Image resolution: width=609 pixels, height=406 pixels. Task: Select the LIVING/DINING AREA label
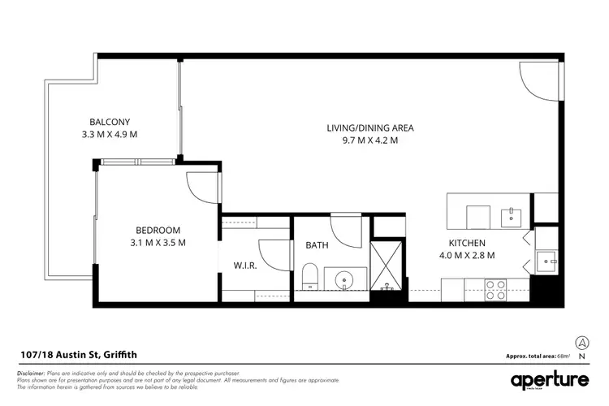point(370,128)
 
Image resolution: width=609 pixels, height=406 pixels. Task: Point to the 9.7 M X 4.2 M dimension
point(370,140)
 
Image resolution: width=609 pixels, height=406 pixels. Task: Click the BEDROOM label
point(158,230)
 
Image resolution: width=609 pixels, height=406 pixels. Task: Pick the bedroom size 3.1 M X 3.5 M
point(158,243)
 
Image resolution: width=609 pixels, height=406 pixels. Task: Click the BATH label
point(317,245)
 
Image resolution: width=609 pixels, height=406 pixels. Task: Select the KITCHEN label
point(468,243)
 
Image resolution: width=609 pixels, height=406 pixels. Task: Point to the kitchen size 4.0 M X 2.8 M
point(468,256)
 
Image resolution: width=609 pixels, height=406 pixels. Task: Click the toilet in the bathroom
point(309,277)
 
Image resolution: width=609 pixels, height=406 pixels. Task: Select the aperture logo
point(551,380)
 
